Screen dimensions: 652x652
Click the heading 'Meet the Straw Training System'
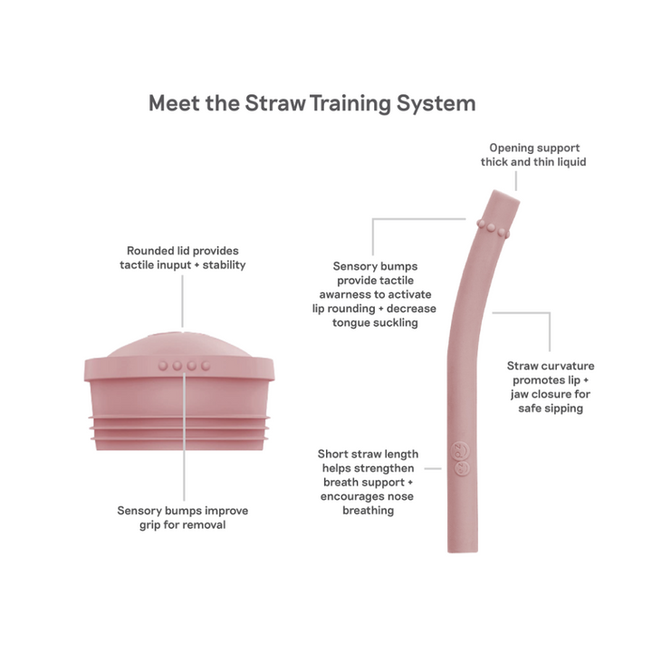point(312,102)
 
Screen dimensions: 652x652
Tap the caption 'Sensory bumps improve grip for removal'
point(182,517)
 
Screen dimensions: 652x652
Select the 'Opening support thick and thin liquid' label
point(533,155)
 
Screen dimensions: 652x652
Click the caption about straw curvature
point(551,387)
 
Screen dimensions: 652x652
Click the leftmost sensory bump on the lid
point(163,366)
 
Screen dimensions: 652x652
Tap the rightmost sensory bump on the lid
point(206,366)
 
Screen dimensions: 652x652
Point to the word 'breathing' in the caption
point(368,511)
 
